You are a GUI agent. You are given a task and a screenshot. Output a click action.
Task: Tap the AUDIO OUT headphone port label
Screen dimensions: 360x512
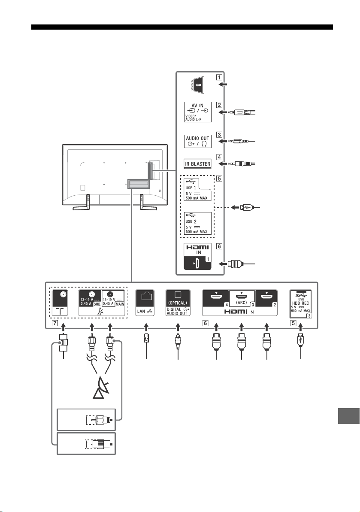click(x=197, y=141)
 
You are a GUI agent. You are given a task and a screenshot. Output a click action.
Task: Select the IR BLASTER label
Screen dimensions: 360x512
click(x=197, y=164)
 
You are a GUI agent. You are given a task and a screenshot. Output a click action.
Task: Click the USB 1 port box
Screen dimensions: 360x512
click(x=197, y=190)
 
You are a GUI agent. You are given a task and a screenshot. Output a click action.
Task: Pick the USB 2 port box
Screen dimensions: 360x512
click(x=197, y=223)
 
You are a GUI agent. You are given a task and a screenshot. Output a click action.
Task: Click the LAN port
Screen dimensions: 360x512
click(x=145, y=303)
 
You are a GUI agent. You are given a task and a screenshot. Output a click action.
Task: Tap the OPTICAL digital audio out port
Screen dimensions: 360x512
click(x=178, y=303)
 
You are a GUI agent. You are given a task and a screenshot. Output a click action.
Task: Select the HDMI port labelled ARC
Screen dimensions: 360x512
click(x=242, y=298)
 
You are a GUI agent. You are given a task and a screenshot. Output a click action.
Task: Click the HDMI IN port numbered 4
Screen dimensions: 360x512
click(x=216, y=298)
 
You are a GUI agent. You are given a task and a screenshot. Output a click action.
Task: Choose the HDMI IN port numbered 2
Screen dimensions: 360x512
click(x=266, y=298)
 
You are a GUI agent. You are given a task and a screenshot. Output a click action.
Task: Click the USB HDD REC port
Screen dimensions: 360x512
click(x=301, y=304)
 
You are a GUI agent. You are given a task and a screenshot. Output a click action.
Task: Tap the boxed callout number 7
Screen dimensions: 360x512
click(x=55, y=323)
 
